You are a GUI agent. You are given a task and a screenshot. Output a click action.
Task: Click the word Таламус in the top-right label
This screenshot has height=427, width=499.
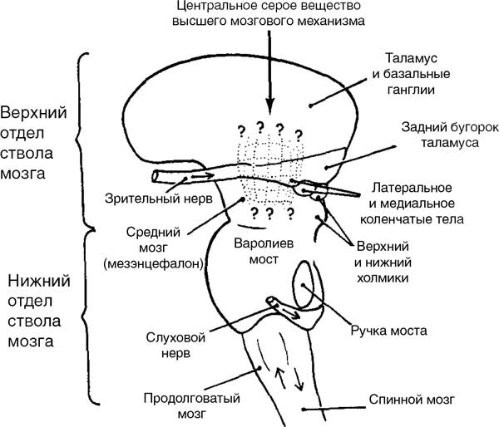point(411,58)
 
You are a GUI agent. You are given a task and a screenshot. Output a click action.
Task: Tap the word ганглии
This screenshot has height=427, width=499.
point(411,90)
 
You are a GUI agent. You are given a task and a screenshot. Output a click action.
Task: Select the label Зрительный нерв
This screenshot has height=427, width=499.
point(159,199)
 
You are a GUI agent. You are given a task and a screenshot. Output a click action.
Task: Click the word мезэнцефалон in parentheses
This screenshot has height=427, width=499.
point(154,263)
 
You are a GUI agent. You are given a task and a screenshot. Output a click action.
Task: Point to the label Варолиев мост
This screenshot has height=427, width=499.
point(264,251)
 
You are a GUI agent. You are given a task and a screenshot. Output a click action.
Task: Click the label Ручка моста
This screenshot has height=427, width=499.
point(388,331)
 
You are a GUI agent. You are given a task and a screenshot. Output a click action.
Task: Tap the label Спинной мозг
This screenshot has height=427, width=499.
point(412,400)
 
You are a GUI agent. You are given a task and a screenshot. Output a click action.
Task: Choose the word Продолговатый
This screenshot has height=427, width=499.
point(191,399)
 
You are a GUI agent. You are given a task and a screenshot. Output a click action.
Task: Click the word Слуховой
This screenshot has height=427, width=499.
point(175,337)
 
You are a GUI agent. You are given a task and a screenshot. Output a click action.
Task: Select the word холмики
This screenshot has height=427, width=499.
point(383,278)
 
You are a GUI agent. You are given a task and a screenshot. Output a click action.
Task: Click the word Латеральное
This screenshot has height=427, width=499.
point(412,188)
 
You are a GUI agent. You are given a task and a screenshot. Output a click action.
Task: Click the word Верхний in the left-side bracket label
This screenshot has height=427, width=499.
point(33,112)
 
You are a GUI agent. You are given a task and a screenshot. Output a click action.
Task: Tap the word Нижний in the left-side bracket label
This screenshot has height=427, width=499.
point(39,281)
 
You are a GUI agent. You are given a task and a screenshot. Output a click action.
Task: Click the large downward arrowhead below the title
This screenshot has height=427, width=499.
point(270,106)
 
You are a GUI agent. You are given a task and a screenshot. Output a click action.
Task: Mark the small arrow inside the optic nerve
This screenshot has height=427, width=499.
point(202,175)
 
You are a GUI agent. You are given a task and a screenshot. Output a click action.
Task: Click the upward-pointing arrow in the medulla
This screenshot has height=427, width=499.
point(280,378)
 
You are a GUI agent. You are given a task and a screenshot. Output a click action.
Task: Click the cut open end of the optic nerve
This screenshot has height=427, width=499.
point(156,177)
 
